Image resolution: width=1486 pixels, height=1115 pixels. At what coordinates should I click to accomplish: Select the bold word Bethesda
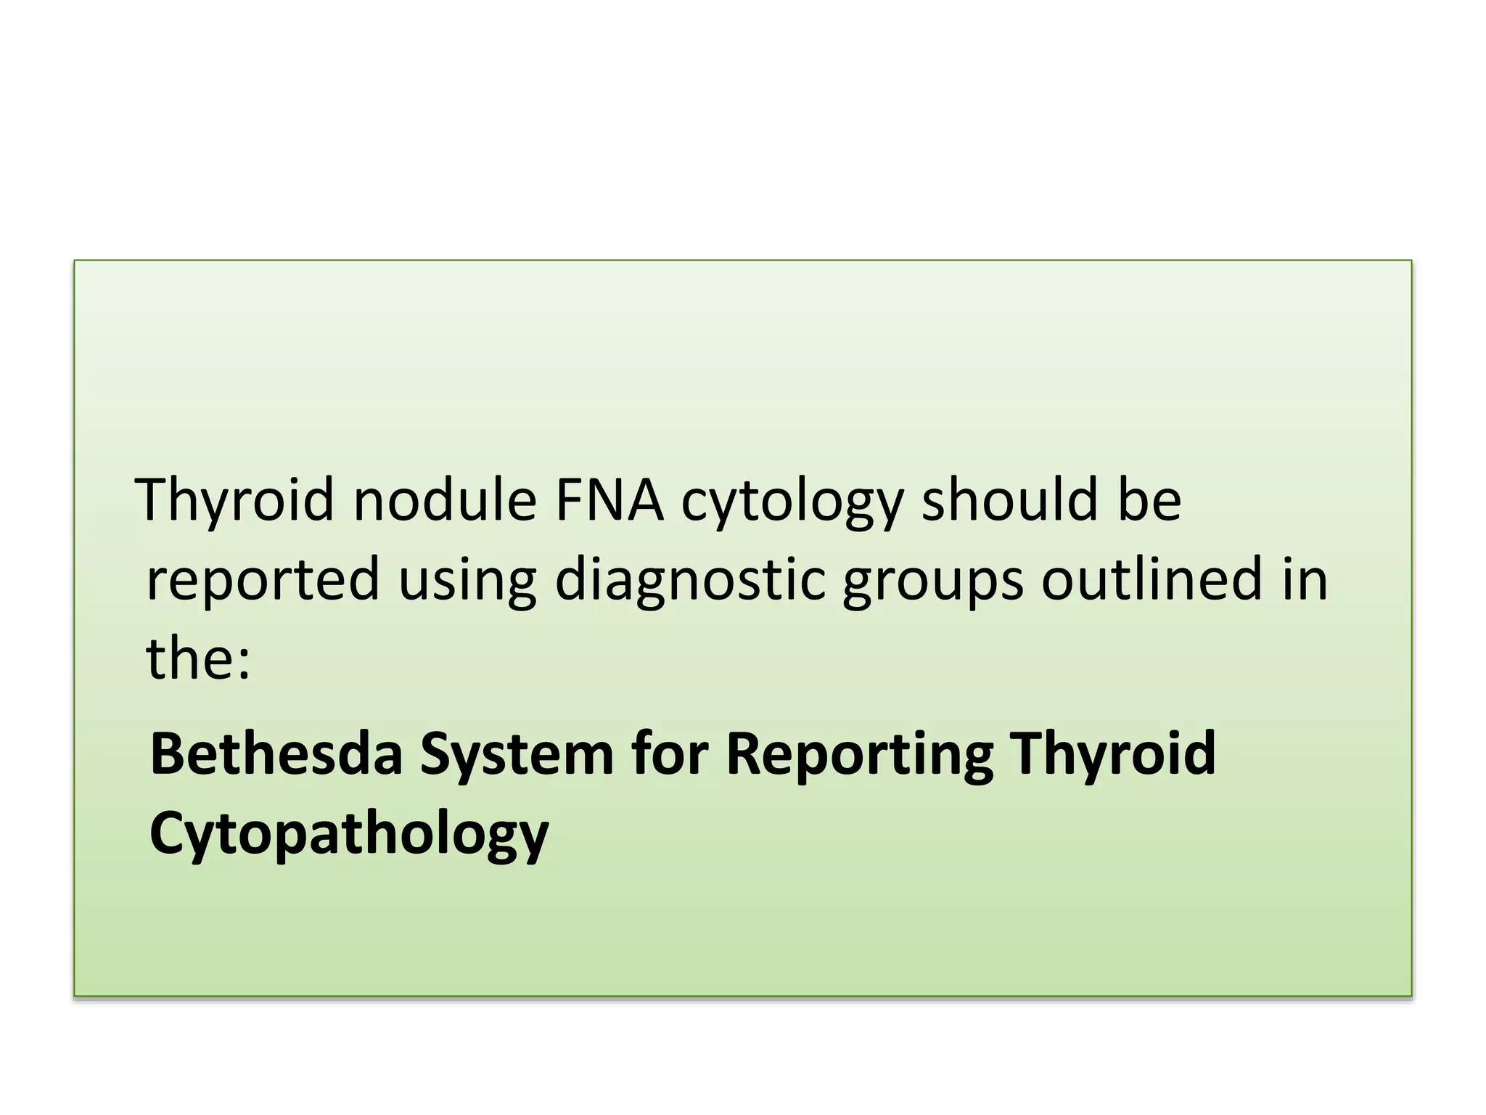tap(276, 753)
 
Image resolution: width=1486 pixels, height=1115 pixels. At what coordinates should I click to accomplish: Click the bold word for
tap(669, 753)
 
